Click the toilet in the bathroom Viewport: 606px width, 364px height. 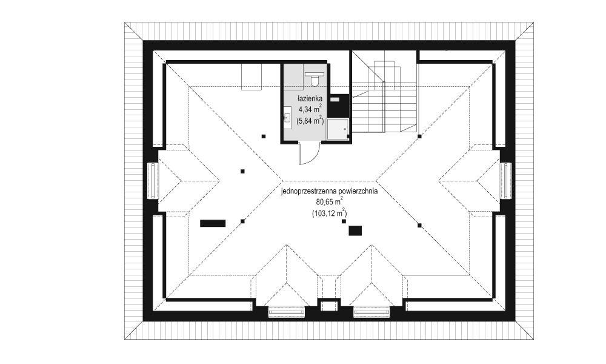click(x=314, y=78)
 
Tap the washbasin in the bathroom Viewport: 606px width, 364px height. click(x=287, y=116)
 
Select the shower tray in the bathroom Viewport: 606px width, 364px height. click(x=338, y=129)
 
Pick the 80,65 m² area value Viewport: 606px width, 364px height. click(x=328, y=202)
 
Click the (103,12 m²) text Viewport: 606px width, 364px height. click(x=328, y=213)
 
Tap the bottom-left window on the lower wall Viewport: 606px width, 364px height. click(x=285, y=312)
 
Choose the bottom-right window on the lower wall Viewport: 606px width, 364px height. click(x=371, y=312)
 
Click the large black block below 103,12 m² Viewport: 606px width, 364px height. click(x=355, y=230)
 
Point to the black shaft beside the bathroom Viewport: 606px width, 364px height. click(x=335, y=106)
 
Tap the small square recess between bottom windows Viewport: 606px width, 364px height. click(x=328, y=305)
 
